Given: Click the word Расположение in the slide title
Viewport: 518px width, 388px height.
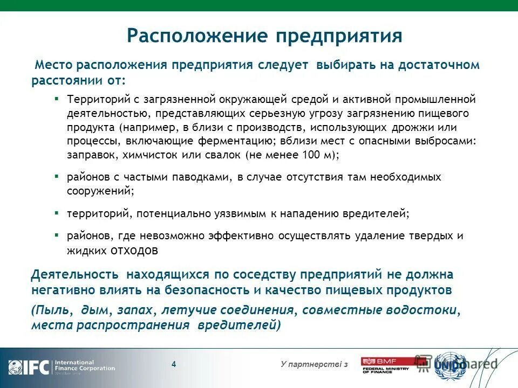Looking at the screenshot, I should (x=198, y=36).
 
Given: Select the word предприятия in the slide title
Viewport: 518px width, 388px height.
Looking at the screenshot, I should (x=339, y=36).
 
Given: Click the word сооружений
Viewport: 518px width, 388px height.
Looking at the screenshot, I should (x=99, y=190).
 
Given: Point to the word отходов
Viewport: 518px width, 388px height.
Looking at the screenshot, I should (x=134, y=250).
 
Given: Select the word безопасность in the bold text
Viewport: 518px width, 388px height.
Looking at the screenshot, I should (x=212, y=289).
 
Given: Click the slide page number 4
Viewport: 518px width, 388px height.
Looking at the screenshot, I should (x=174, y=364).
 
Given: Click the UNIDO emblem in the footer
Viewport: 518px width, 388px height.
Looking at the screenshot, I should (x=451, y=365).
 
